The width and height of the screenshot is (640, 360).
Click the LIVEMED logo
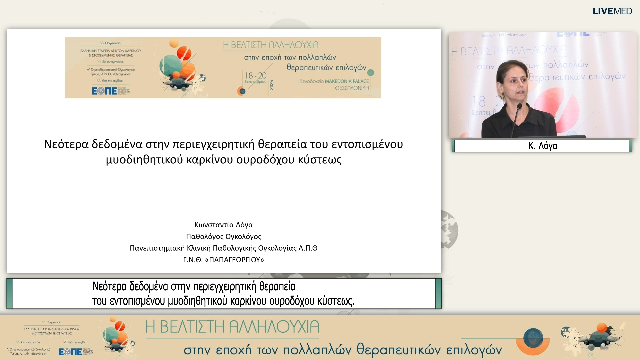click(612, 11)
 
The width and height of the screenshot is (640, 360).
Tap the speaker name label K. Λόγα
click(542, 146)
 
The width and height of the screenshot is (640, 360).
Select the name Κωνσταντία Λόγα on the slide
click(223, 225)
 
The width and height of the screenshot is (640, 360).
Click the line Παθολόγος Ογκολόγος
click(223, 236)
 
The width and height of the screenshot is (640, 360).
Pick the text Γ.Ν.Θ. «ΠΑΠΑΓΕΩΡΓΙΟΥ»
click(223, 260)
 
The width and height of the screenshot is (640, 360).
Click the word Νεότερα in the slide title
click(66, 144)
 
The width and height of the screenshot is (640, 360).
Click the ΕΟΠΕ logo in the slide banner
click(105, 91)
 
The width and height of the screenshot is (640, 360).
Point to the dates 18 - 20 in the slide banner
click(256, 76)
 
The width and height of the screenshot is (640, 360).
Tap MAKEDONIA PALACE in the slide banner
click(347, 81)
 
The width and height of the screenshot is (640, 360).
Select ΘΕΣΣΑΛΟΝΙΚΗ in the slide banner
click(352, 88)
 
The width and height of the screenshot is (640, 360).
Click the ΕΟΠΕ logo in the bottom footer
click(70, 351)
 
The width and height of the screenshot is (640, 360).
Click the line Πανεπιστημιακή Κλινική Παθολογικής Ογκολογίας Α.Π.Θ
click(223, 248)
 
